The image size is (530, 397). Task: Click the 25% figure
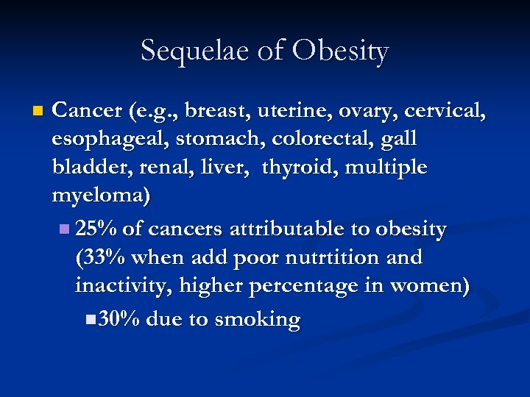96,229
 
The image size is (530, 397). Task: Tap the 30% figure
119,320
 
